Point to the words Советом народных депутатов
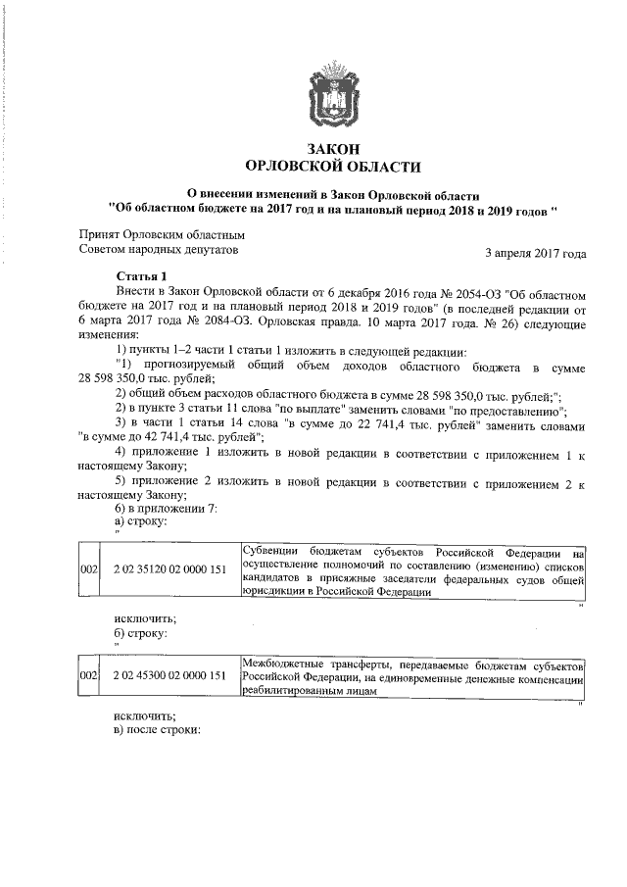158,251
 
